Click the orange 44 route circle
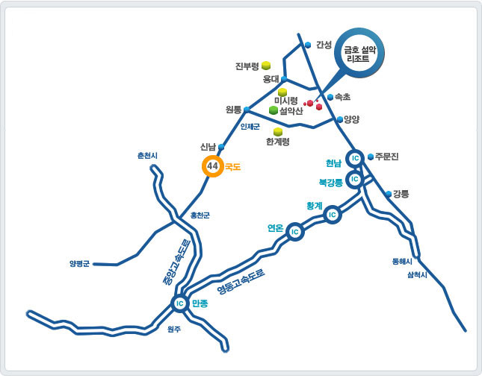pyautogui.click(x=213, y=166)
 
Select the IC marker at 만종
pyautogui.click(x=179, y=303)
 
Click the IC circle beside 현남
pyautogui.click(x=356, y=158)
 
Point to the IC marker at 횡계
pyautogui.click(x=332, y=215)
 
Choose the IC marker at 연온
pyautogui.click(x=295, y=232)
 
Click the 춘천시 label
pyautogui.click(x=148, y=155)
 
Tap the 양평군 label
pyautogui.click(x=79, y=263)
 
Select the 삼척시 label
pyautogui.click(x=417, y=275)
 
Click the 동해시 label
pyautogui.click(x=402, y=262)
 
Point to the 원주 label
pyautogui.click(x=174, y=329)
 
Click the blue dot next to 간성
pyautogui.click(x=308, y=45)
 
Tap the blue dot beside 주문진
pyautogui.click(x=371, y=157)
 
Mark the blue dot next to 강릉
pyautogui.click(x=388, y=194)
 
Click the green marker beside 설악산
pyautogui.click(x=274, y=110)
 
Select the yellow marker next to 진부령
pyautogui.click(x=265, y=66)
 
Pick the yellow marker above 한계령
pyautogui.click(x=278, y=131)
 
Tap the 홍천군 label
pyautogui.click(x=200, y=215)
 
